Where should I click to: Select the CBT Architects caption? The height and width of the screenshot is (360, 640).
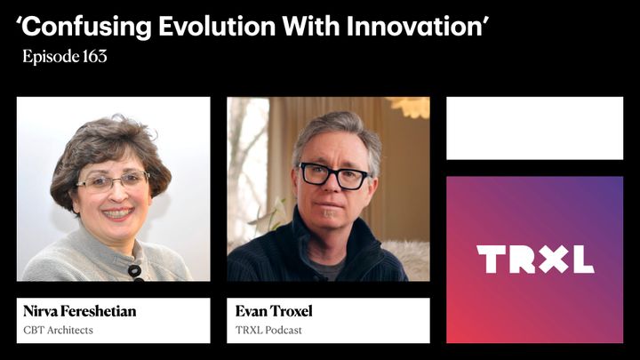pos(58,331)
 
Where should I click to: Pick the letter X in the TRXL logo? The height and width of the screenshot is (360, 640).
pos(551,259)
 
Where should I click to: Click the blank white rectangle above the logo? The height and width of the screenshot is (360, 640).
pos(534,128)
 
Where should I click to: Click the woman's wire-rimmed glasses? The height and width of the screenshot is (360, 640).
pos(113,181)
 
